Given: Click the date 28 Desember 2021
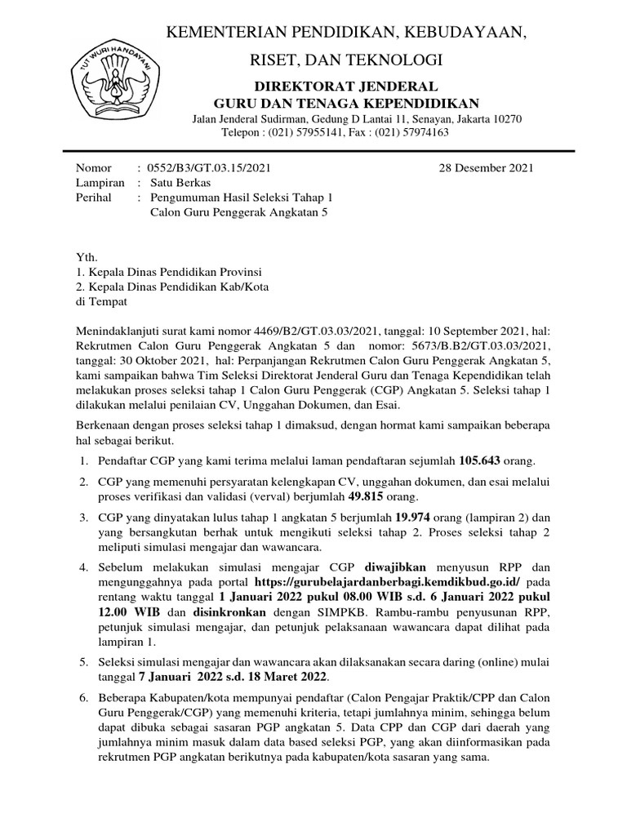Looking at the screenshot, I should tap(487, 169).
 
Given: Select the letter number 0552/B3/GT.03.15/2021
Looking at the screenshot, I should tap(209, 169).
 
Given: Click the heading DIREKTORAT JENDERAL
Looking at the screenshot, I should tap(346, 86).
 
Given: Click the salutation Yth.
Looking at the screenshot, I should tap(85, 257).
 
